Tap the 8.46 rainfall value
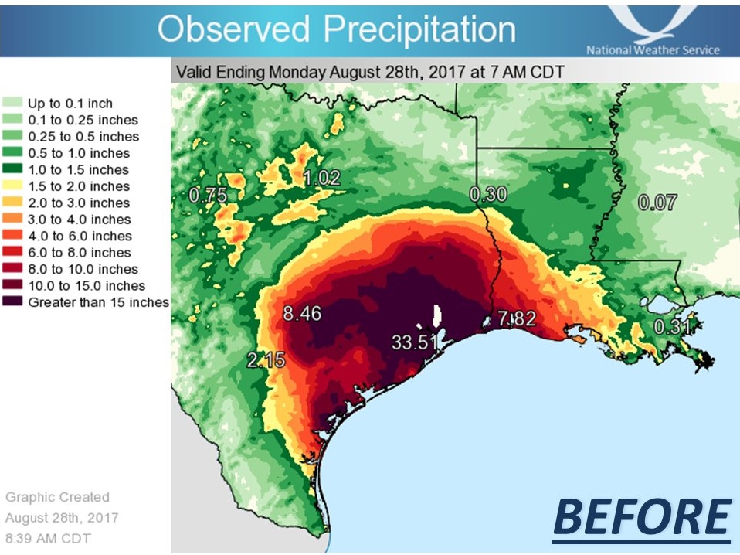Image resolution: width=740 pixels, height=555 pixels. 302,315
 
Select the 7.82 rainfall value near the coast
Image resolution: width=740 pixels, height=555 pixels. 517,318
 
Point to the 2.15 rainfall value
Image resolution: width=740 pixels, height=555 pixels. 266,359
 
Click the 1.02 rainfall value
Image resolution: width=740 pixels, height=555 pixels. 321,178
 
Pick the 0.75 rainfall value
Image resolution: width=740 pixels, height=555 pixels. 209,196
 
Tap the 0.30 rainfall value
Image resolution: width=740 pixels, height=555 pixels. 488,195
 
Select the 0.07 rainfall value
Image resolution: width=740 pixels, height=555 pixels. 657,203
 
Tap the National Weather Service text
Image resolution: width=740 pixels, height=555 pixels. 653,50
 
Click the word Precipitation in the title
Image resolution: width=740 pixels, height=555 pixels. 419,29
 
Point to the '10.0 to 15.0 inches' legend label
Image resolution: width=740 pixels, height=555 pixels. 87,286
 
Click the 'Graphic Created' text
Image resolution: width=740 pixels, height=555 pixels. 57,497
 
